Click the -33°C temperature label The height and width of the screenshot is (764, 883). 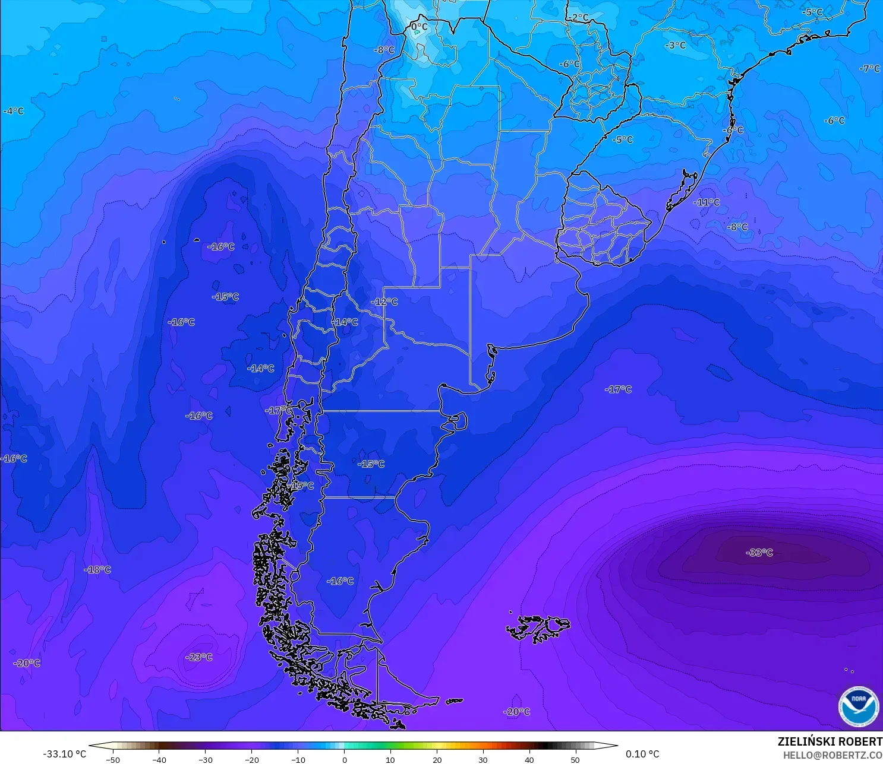pyautogui.click(x=759, y=553)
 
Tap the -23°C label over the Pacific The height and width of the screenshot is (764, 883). pyautogui.click(x=199, y=657)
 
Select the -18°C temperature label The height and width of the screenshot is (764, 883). pyautogui.click(x=98, y=570)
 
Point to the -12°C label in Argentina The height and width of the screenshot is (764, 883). pyautogui.click(x=384, y=302)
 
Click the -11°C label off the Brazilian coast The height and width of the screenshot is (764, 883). pyautogui.click(x=706, y=202)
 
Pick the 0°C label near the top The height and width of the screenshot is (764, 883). pyautogui.click(x=419, y=27)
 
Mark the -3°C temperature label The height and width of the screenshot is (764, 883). pyautogui.click(x=675, y=45)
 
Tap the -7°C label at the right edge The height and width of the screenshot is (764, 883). pyautogui.click(x=869, y=69)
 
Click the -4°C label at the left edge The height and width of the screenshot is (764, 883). pyautogui.click(x=13, y=111)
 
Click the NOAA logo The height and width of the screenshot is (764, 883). pyautogui.click(x=858, y=706)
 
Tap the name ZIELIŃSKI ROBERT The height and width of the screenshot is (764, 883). pyautogui.click(x=830, y=741)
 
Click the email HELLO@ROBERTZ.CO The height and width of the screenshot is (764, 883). pyautogui.click(x=832, y=755)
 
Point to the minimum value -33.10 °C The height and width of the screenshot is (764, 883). pyautogui.click(x=64, y=754)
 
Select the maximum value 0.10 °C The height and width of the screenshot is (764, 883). pyautogui.click(x=642, y=754)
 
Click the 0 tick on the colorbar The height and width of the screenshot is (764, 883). pyautogui.click(x=344, y=759)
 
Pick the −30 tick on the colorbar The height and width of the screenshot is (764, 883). pyautogui.click(x=205, y=759)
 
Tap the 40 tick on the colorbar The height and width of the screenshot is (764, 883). pyautogui.click(x=529, y=759)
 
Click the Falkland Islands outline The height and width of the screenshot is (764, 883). pyautogui.click(x=538, y=628)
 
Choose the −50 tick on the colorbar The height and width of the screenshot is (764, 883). pyautogui.click(x=112, y=759)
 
